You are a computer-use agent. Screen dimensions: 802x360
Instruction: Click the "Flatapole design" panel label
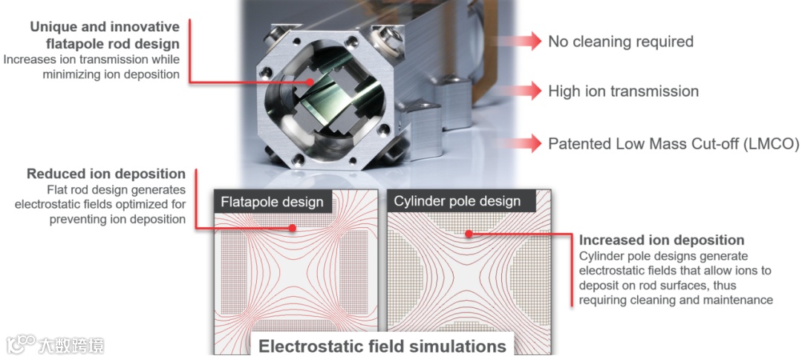[272, 201]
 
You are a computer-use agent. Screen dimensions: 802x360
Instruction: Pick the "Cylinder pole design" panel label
[457, 201]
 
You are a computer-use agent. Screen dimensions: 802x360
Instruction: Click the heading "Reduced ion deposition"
[106, 174]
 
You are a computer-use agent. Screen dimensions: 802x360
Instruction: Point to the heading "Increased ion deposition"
[662, 240]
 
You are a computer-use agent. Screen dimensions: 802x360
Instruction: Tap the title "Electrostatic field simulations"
[382, 346]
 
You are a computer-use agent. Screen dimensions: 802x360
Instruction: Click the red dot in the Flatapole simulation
[295, 228]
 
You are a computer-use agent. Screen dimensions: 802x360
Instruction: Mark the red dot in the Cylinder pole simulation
[469, 234]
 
